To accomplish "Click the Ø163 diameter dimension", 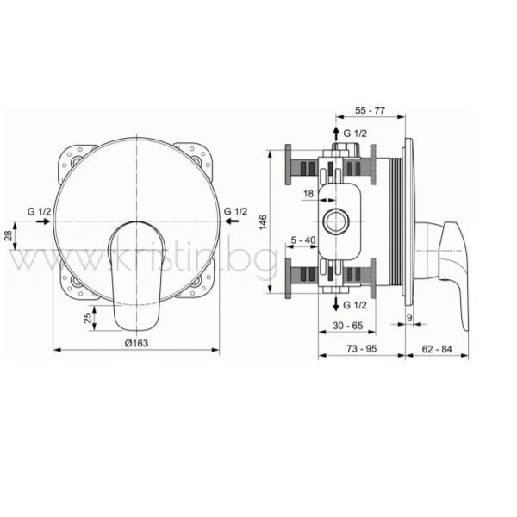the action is (x=136, y=343).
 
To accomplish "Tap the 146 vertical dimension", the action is (x=263, y=222).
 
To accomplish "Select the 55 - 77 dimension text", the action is (x=370, y=110).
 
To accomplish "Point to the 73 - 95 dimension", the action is (x=362, y=348).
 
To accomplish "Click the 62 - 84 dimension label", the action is (x=437, y=348).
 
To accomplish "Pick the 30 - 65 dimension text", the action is (x=348, y=326).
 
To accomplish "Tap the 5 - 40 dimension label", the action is (x=303, y=240).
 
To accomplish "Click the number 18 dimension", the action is (x=308, y=194).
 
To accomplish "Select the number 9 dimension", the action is (x=409, y=318).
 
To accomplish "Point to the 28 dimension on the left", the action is (x=9, y=235).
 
